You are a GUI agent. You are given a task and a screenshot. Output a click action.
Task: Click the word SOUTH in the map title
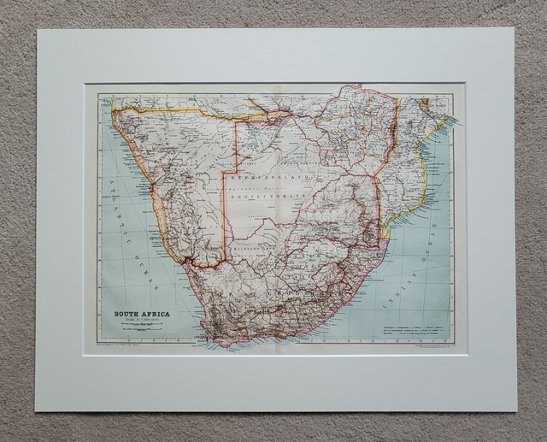(127, 314)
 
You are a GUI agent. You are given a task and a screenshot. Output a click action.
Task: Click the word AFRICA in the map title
(155, 314)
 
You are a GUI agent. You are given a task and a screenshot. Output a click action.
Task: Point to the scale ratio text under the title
(142, 321)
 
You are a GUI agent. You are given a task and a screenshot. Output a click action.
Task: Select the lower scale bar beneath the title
(142, 333)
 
